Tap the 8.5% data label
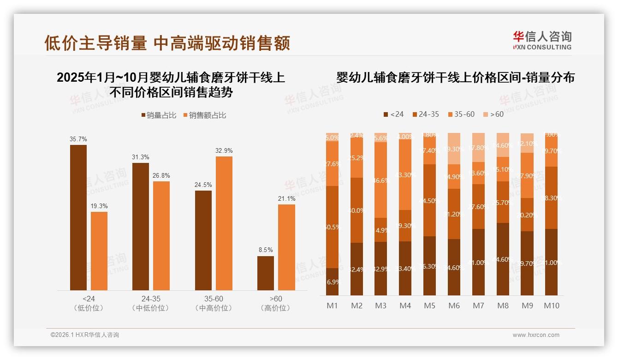tap(265, 250)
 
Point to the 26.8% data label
tap(161, 175)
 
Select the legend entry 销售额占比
tap(205, 115)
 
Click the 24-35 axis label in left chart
tap(150, 299)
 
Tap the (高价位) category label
tap(275, 308)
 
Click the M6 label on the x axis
tap(454, 306)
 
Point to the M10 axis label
tap(551, 306)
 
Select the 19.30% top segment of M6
tap(454, 149)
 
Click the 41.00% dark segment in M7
tap(479, 262)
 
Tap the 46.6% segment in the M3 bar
tap(381, 180)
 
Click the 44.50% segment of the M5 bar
tap(430, 200)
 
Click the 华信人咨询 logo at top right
tap(542, 40)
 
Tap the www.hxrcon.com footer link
tap(536, 335)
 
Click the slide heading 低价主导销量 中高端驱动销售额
tap(167, 43)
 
